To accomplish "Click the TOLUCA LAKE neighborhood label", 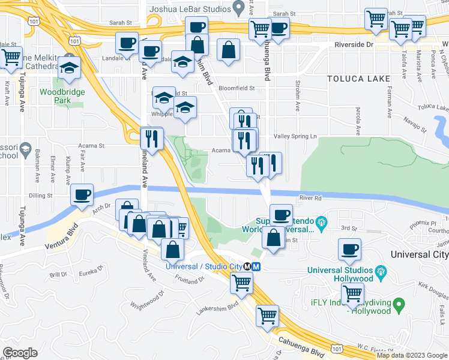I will [x=359, y=79].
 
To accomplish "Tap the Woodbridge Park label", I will [x=62, y=96].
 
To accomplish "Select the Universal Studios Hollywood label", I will [x=340, y=274].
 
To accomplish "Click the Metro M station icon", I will [x=256, y=266].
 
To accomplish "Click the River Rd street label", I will [x=311, y=197].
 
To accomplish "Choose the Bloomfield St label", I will [x=237, y=88].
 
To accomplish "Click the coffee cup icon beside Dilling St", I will [x=82, y=194].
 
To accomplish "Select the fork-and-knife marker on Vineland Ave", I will [x=152, y=139].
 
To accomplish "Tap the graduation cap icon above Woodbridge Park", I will [x=70, y=68].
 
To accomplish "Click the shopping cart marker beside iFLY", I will [x=352, y=293].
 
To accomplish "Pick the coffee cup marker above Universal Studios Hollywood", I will [x=349, y=249].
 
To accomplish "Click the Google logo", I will [x=20, y=353].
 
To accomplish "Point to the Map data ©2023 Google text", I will [x=412, y=355].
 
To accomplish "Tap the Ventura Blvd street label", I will [x=62, y=242].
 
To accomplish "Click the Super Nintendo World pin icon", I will [x=321, y=223].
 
